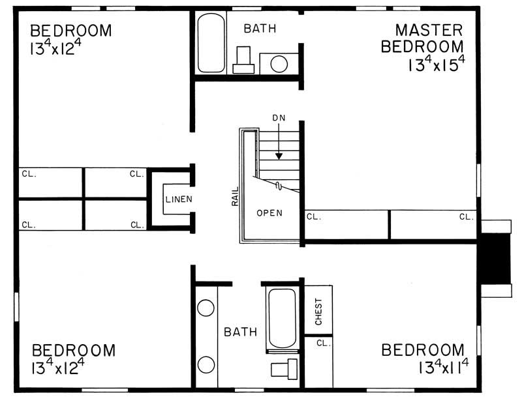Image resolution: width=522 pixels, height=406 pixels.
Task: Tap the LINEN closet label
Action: pos(178,199)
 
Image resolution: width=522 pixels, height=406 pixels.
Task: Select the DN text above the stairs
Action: pos(279,117)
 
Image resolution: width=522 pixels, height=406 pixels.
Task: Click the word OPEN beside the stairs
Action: pos(269,213)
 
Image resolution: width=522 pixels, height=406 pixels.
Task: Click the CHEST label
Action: pos(319,310)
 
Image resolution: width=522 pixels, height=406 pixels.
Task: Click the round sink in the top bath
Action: pos(279,64)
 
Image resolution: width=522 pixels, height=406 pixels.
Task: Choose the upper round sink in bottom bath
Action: pos(206,309)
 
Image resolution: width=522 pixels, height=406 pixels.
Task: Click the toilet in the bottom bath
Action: pos(283,369)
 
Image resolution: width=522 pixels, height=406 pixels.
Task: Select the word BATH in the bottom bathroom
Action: pos(241,332)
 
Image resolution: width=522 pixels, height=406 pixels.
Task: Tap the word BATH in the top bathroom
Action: pos(260,29)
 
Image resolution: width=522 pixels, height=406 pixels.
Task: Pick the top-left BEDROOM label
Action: pos(71,31)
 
